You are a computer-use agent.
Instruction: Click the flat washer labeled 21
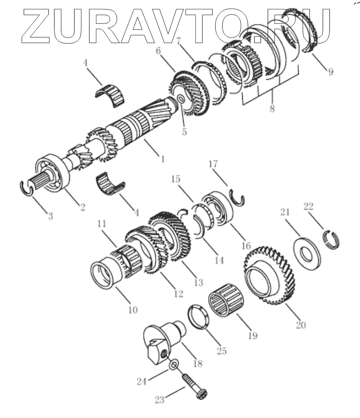(303, 250)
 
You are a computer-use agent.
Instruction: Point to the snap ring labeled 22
(332, 240)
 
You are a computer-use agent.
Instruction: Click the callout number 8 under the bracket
(272, 110)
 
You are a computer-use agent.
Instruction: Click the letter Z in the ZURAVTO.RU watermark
(40, 22)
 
